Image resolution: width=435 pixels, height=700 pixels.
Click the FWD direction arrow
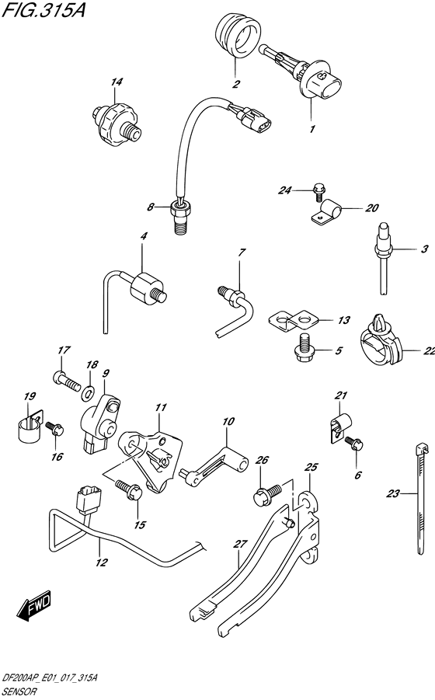35,607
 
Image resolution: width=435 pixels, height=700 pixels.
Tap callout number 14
117,82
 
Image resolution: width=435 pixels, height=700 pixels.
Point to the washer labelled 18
89,393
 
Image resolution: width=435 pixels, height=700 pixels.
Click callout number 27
240,544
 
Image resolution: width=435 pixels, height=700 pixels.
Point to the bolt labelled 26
266,494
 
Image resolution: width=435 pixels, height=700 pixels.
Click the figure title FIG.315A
43,10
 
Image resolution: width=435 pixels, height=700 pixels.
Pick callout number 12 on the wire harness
102,562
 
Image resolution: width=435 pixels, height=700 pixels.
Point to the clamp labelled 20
325,211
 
